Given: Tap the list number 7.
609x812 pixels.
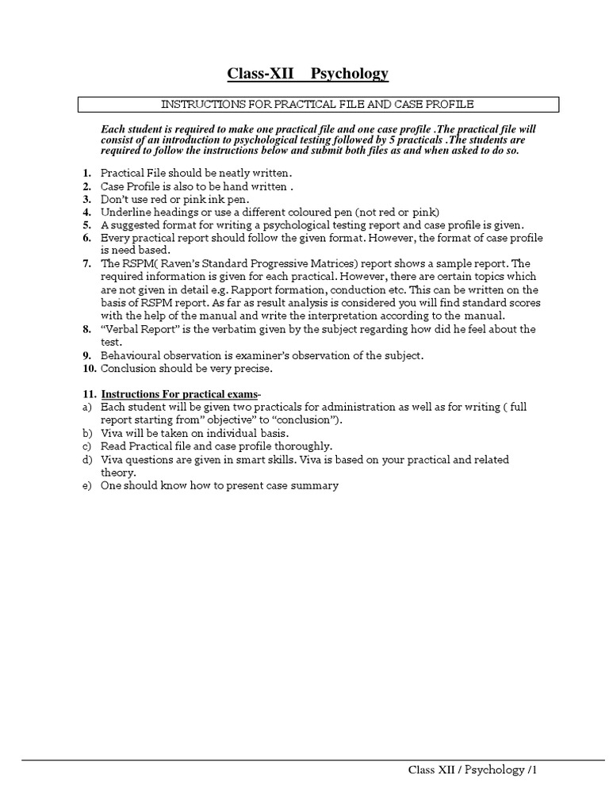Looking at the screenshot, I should point(87,263).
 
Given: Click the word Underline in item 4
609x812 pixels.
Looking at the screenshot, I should point(124,212).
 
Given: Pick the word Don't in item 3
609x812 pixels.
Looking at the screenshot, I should point(115,199).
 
